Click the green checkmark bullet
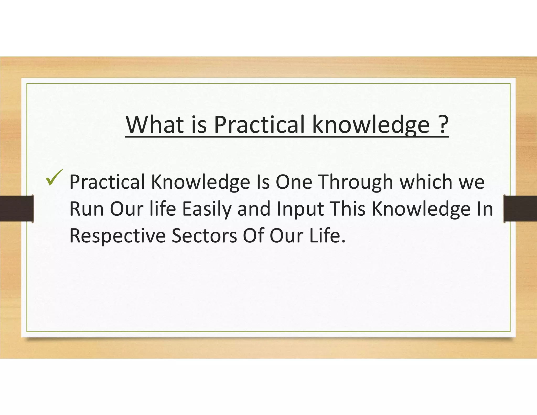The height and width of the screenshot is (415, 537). pos(54,178)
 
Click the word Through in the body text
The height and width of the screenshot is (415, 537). pos(356,182)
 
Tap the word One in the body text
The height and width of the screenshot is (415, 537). pos(294,182)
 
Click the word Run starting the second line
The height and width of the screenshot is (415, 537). pos(87,209)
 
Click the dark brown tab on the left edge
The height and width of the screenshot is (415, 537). pos(16,209)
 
